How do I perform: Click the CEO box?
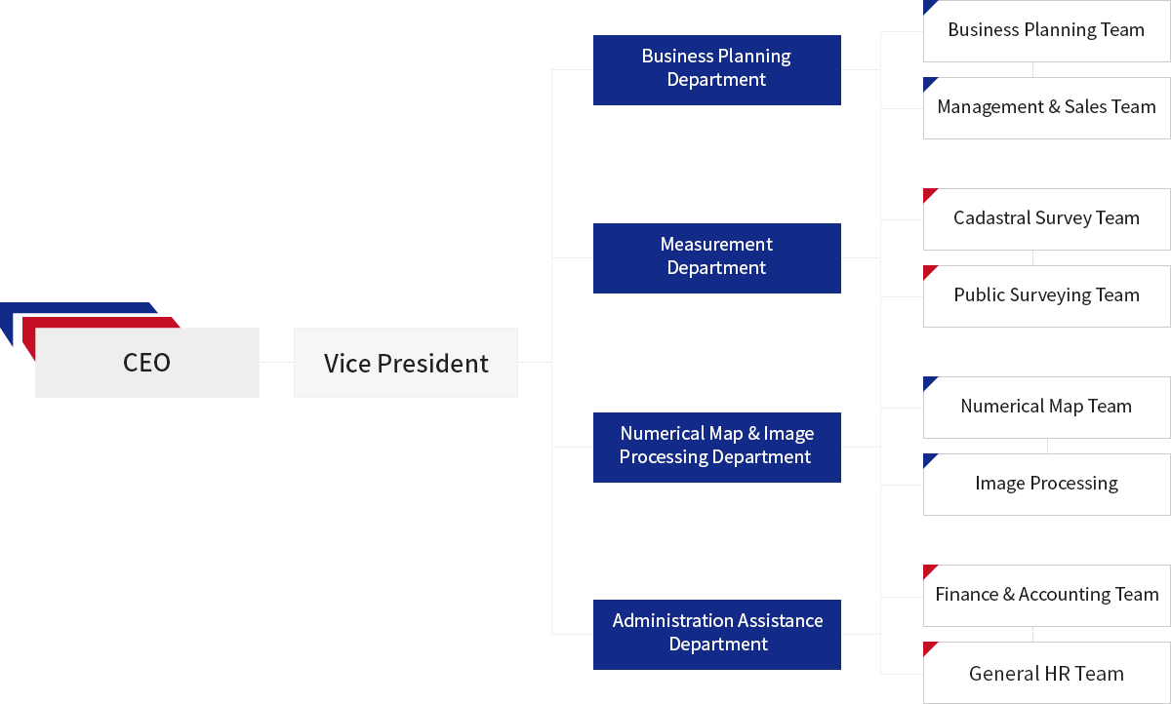click(147, 363)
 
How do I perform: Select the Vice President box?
click(406, 363)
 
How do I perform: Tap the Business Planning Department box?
click(716, 70)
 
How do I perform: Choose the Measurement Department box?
click(716, 258)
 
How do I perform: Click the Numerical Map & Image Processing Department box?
click(716, 447)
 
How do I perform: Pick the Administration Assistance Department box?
click(716, 635)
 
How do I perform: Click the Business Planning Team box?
click(1046, 31)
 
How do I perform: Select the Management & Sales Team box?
click(1046, 108)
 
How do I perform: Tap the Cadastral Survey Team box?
click(1046, 219)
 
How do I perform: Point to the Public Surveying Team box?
click(1046, 296)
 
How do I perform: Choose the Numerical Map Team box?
click(1046, 408)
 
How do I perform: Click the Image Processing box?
click(1046, 485)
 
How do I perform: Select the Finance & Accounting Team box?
click(1046, 596)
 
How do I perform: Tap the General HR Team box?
click(1046, 673)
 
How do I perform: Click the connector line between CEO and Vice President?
click(276, 362)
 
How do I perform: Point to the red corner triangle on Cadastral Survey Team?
click(928, 193)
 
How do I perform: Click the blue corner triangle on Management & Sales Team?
click(928, 82)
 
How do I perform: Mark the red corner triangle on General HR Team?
click(928, 646)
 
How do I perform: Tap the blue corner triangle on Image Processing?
click(928, 458)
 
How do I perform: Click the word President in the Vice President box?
click(433, 364)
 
